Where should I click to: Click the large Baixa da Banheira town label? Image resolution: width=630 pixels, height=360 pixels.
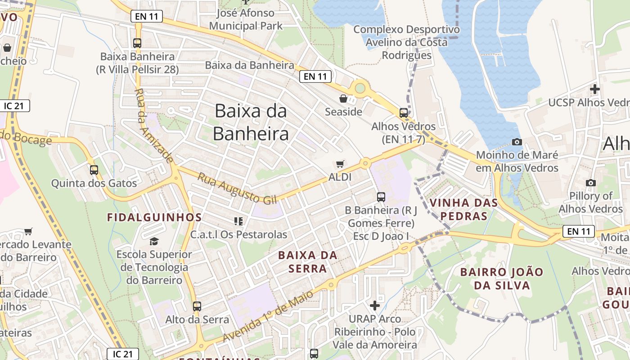tap(251, 122)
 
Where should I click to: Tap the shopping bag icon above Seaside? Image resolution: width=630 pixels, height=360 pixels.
tap(343, 98)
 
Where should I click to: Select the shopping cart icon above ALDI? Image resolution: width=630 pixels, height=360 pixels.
tap(340, 164)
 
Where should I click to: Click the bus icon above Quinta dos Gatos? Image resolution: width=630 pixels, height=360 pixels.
tap(94, 170)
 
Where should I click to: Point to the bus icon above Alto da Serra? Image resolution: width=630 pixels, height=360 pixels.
tap(197, 306)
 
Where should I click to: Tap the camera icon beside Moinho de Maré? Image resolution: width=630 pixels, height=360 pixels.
tap(517, 142)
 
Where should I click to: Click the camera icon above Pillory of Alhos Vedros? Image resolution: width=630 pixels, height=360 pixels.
tap(590, 183)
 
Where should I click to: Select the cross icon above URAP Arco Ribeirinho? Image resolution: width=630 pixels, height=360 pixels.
tap(374, 306)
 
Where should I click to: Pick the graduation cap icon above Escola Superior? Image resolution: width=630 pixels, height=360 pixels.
tap(154, 241)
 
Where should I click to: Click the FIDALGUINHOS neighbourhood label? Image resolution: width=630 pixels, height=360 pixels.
tap(154, 217)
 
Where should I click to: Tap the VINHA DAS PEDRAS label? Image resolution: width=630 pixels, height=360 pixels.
tap(464, 209)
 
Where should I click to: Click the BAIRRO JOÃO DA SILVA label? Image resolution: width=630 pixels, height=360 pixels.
tap(502, 279)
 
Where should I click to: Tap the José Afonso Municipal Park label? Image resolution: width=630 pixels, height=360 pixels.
tap(246, 19)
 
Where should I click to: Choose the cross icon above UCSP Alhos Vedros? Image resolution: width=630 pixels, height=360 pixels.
tap(595, 89)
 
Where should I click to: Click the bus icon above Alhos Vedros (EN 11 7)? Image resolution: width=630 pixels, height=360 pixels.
tap(404, 113)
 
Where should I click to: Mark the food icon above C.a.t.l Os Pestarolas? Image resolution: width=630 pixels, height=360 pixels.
tap(238, 221)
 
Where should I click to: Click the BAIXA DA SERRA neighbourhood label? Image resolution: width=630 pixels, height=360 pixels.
tap(308, 262)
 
